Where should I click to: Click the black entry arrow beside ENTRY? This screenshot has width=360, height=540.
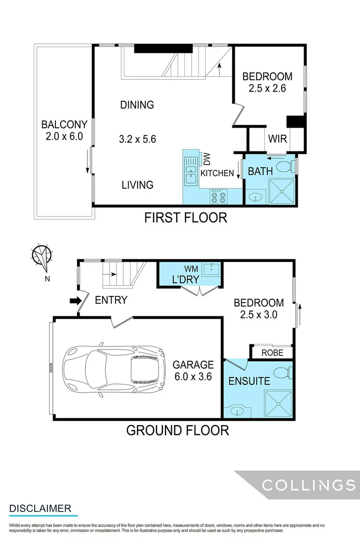pyautogui.click(x=75, y=301)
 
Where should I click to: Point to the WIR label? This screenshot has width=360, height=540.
pyautogui.click(x=277, y=140)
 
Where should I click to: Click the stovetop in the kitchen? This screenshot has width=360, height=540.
pyautogui.click(x=219, y=197)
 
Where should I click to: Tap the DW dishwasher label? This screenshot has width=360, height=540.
pyautogui.click(x=207, y=158)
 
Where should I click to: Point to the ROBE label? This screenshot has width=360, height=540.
pyautogui.click(x=273, y=353)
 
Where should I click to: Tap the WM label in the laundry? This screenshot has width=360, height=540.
pyautogui.click(x=190, y=269)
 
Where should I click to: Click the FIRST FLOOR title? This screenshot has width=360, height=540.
pyautogui.click(x=186, y=217)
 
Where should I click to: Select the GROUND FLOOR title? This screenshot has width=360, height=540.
pyautogui.click(x=178, y=430)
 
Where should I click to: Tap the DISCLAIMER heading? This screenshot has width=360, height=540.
pyautogui.click(x=40, y=508)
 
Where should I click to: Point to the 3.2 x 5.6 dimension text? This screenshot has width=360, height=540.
pyautogui.click(x=138, y=139)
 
